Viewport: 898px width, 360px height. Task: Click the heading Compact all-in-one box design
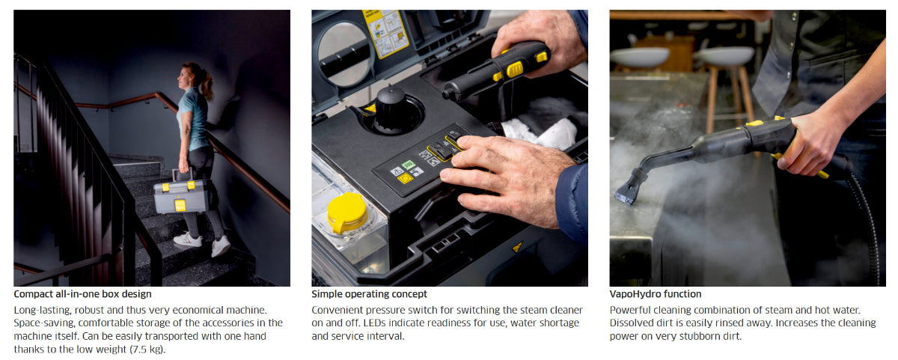[82, 294]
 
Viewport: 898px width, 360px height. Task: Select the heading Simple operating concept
[369, 294]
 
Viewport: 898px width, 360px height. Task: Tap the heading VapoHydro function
[656, 294]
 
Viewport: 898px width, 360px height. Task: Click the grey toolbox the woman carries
[181, 195]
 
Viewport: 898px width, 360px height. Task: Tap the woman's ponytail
[206, 83]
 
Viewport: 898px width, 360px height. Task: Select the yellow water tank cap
[346, 213]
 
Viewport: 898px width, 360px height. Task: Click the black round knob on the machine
[391, 109]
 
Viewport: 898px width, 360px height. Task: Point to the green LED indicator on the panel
[408, 165]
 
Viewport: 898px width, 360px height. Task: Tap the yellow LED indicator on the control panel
[406, 178]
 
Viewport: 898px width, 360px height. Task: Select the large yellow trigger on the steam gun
[515, 70]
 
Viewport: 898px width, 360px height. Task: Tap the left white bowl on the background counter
[640, 57]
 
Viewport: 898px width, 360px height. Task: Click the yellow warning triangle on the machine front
[518, 246]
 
